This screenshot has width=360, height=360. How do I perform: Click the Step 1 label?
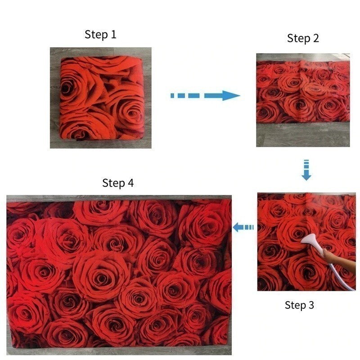coord(100,35)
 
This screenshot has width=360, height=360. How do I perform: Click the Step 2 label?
coord(303,38)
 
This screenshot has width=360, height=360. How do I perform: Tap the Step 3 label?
coord(299,305)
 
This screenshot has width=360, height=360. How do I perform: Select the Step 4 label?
coord(118,183)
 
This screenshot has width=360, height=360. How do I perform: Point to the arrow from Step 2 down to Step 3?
coord(306,170)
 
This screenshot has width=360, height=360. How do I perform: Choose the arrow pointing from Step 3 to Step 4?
coord(243,227)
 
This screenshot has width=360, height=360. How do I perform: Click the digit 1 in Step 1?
coord(113,35)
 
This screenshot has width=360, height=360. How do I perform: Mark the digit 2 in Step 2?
coord(315,38)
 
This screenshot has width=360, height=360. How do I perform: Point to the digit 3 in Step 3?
coord(311,305)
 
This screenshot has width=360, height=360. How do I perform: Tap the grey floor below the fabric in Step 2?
coord(302,135)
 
